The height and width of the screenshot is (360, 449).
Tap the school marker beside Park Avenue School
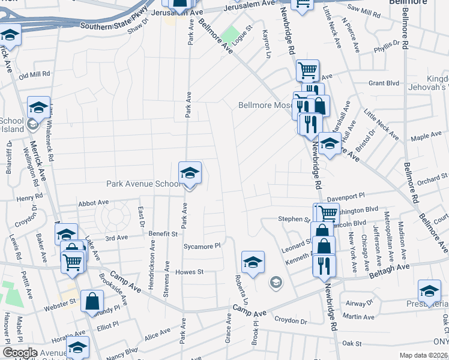tap(190, 174)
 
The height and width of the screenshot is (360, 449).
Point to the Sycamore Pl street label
tap(202, 246)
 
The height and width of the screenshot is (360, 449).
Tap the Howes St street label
tap(190, 272)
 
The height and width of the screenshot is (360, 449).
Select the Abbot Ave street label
tap(93, 204)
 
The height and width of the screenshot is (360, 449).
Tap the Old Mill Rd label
tap(34, 75)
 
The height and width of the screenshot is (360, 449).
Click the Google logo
tap(20, 353)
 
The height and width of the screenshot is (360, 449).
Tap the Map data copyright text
tap(424, 355)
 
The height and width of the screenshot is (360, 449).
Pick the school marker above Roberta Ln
tap(253, 263)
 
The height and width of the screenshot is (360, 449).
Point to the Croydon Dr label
tap(291, 322)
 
